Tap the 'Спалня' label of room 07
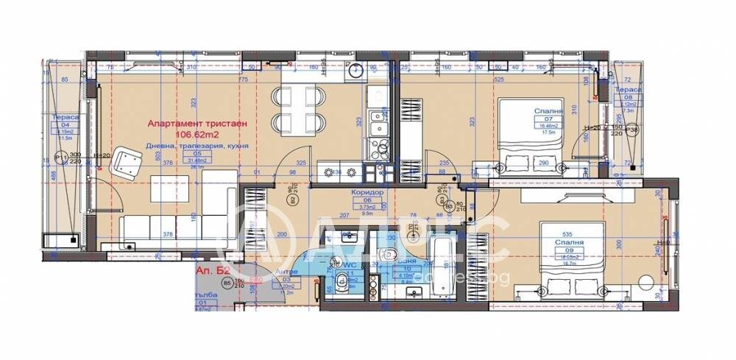click(548, 111)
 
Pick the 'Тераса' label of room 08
click(629, 89)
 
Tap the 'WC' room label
click(348, 263)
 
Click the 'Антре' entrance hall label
click(286, 272)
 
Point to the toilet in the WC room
click(340, 286)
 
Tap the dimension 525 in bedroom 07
click(498, 80)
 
